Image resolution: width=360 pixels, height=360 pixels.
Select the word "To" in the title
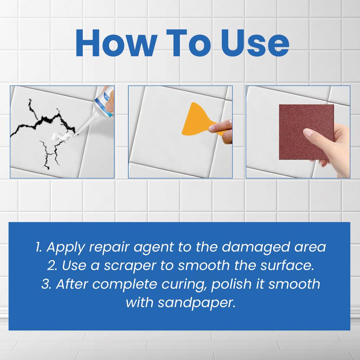point(187,44)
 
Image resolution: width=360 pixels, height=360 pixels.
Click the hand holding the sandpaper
point(334,148)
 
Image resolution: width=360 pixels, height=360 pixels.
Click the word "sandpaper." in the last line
point(196,303)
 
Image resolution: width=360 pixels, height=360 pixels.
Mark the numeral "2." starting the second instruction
point(53,266)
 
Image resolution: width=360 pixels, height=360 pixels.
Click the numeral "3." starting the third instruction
point(46,284)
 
